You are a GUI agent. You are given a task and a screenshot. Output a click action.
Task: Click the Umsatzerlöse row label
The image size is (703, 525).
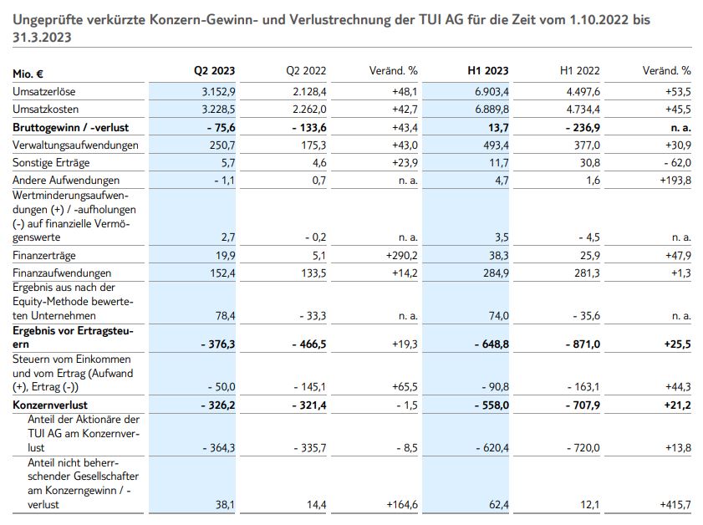point(44,90)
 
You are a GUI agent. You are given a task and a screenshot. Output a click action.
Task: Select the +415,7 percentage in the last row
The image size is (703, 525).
point(674,505)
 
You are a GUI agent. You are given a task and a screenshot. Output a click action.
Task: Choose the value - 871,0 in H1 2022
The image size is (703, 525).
point(579,343)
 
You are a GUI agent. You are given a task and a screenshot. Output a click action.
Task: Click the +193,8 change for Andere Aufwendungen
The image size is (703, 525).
point(674,180)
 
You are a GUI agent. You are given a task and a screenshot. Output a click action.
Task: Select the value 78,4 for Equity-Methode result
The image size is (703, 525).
point(225,316)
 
